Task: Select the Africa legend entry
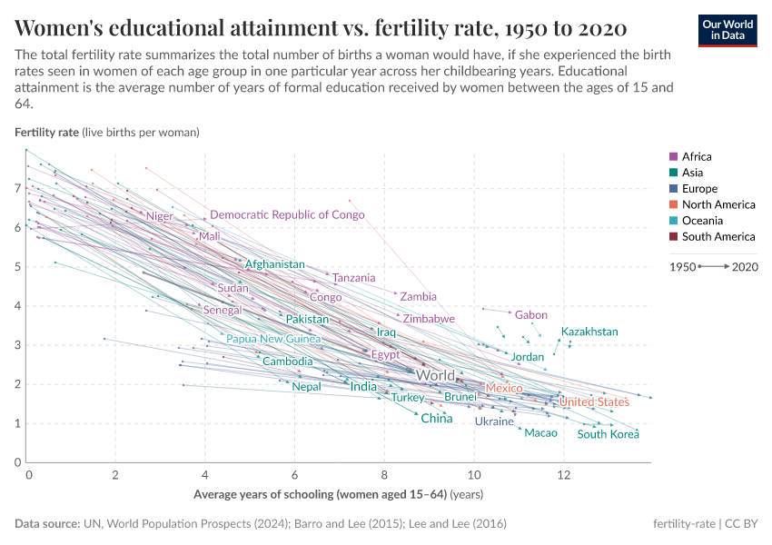tap(697, 156)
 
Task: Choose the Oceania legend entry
tap(700, 221)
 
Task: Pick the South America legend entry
tap(712, 237)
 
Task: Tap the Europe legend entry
tap(699, 189)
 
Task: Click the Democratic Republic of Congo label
tap(287, 215)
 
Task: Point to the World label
tap(435, 375)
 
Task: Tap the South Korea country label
tap(609, 434)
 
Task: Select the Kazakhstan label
tap(589, 332)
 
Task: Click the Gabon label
tap(531, 315)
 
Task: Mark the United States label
tap(594, 402)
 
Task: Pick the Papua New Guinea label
tap(273, 339)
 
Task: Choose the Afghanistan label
tap(274, 264)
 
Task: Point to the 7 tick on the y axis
tap(16, 188)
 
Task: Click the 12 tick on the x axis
tap(563, 476)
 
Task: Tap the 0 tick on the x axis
tap(29, 476)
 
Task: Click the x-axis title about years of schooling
tap(338, 495)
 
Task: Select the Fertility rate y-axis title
tap(47, 132)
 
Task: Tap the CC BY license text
tap(742, 524)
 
